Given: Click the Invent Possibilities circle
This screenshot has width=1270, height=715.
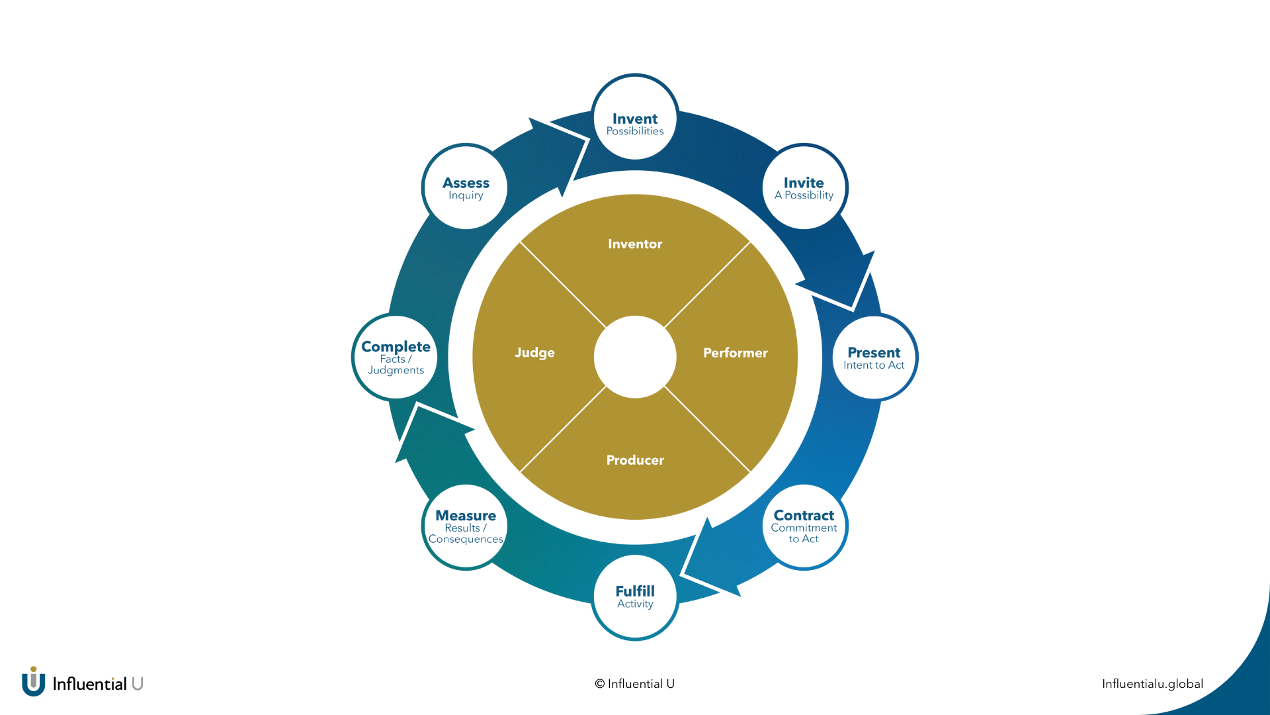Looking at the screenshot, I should (635, 118).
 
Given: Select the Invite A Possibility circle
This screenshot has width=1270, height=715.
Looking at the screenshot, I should (804, 187).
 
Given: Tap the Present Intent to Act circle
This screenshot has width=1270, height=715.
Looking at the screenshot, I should (874, 358).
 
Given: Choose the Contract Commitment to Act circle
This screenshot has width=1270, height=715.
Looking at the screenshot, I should (804, 527).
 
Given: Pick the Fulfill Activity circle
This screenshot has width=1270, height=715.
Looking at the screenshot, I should (635, 597).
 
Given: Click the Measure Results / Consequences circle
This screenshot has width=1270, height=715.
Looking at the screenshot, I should (466, 527).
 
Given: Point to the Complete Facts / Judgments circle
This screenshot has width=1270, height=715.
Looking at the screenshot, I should (396, 358).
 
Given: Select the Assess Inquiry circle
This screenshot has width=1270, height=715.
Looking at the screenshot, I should (466, 187).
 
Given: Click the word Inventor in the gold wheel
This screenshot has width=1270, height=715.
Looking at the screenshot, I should (635, 244).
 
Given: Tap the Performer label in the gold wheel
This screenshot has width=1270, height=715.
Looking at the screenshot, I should (736, 353).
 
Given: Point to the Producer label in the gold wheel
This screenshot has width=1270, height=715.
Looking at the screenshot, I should (635, 460).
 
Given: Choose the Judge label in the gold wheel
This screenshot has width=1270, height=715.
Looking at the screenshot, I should (534, 353).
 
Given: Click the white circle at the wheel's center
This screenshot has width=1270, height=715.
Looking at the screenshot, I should (635, 357).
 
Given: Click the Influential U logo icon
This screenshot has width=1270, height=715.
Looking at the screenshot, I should (33, 682).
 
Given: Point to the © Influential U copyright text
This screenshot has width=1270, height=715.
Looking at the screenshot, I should (635, 684).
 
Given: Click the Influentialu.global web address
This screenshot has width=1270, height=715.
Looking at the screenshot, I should (1152, 684).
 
